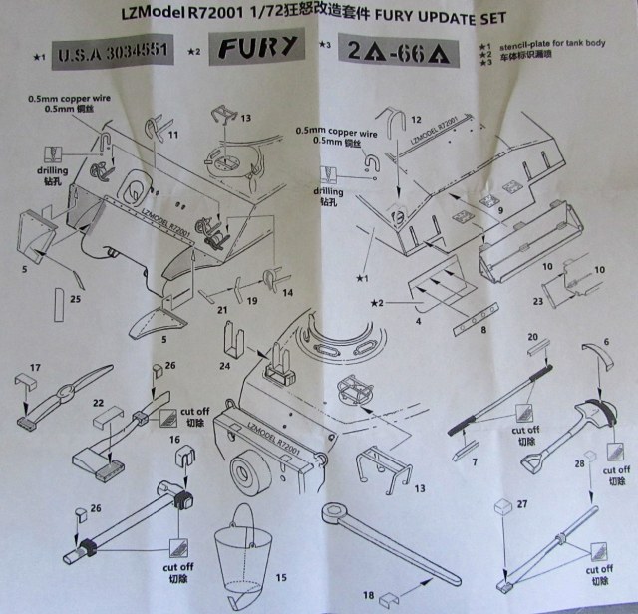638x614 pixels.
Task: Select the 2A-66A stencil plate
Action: [396, 50]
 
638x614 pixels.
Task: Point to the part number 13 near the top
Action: [245, 119]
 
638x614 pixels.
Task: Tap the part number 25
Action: [76, 296]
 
